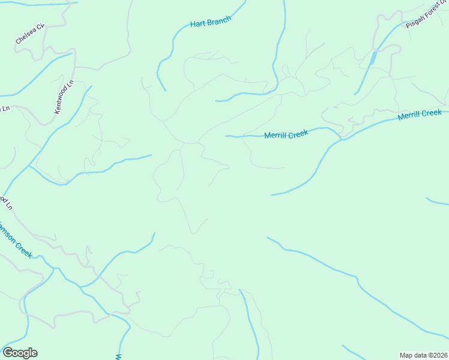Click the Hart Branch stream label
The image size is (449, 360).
click(x=210, y=23)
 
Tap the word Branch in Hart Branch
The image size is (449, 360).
click(x=218, y=22)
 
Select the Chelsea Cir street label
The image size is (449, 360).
click(x=31, y=35)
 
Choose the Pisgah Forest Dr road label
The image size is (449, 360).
click(x=427, y=16)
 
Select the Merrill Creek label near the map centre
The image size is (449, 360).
click(x=286, y=135)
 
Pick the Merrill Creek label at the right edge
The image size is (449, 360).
click(x=420, y=115)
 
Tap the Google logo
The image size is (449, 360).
click(x=20, y=353)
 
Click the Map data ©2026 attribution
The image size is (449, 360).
click(x=423, y=355)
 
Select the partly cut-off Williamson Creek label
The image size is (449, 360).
click(x=16, y=238)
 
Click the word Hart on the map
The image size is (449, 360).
click(x=197, y=24)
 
